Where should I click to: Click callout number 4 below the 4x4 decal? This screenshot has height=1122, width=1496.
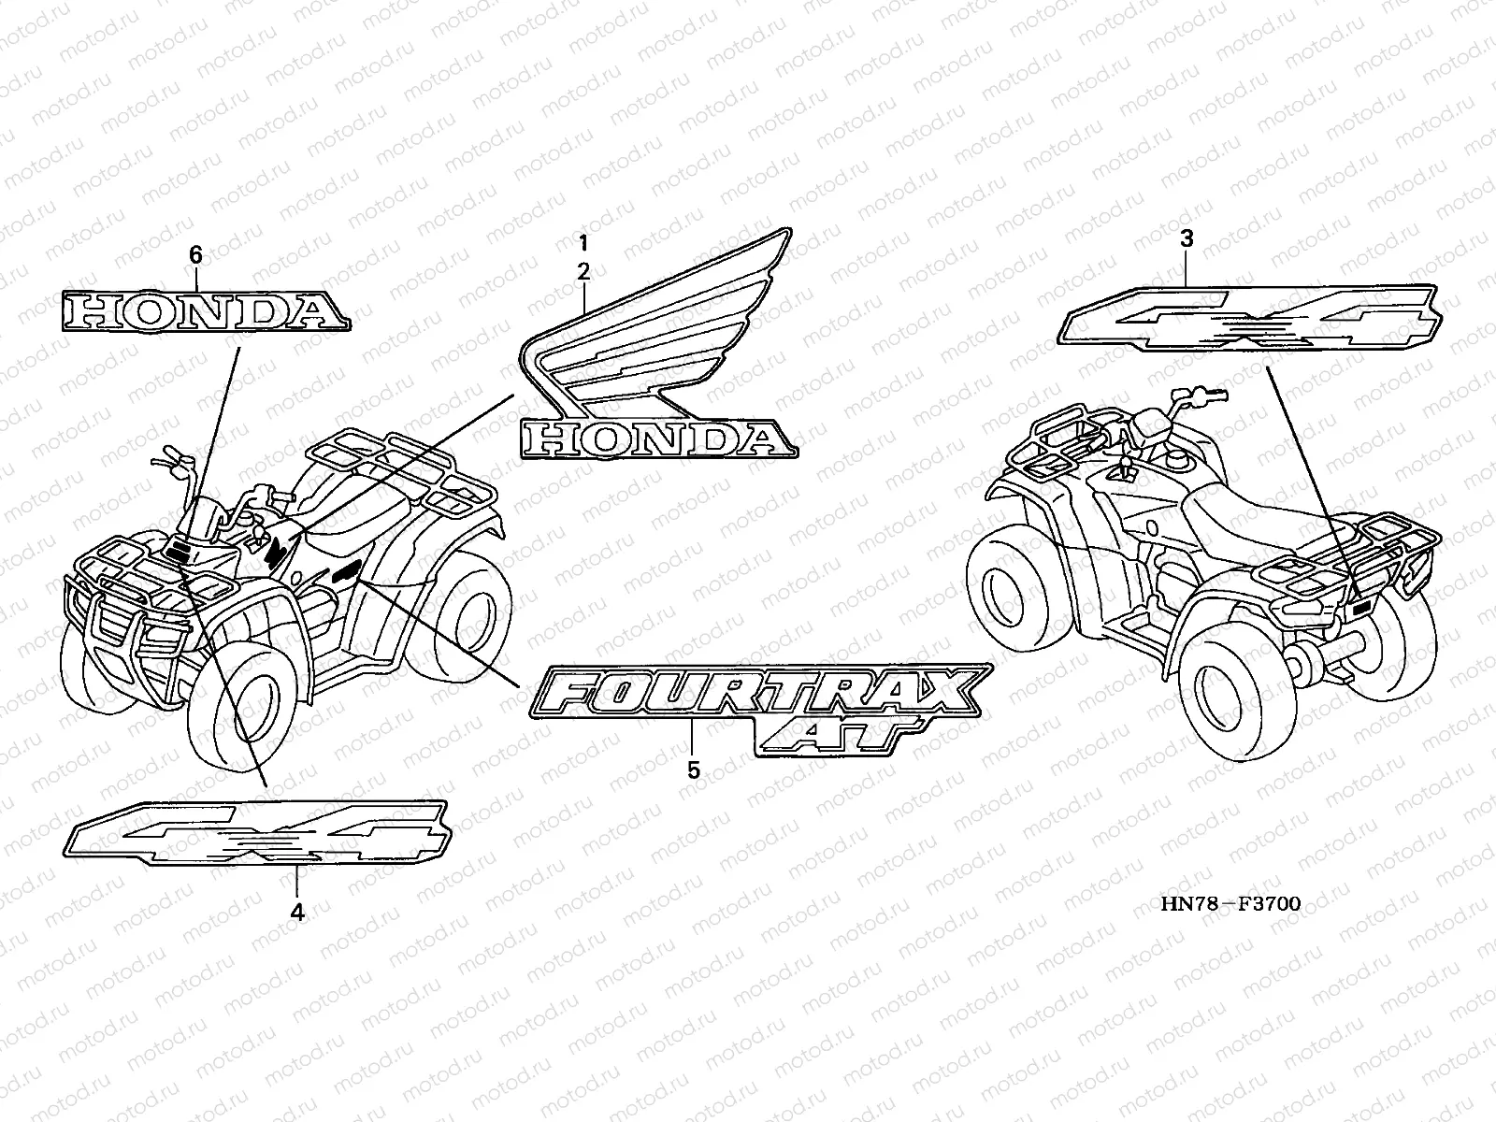pos(297,912)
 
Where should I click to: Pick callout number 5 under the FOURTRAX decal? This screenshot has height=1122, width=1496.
pos(693,770)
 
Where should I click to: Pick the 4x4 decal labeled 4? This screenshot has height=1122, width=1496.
pos(257,830)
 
